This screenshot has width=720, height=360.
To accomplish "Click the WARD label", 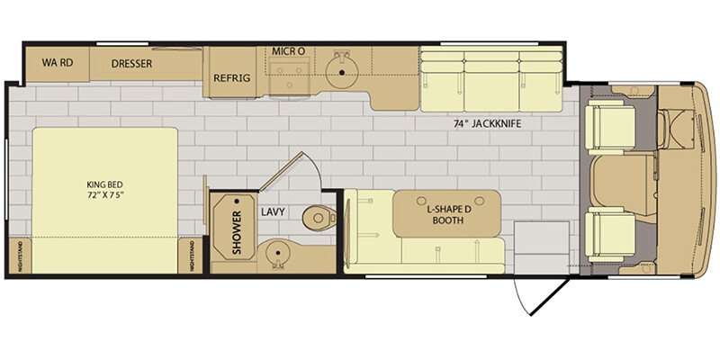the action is [58, 63].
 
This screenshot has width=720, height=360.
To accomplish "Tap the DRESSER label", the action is [131, 64].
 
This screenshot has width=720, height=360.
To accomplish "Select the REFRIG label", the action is [232, 78].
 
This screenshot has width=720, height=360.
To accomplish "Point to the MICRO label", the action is [288, 51].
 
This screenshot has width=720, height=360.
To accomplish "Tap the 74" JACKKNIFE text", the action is [487, 123].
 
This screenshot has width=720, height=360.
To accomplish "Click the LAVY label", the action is [274, 212].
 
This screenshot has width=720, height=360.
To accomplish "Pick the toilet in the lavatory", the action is [319, 216].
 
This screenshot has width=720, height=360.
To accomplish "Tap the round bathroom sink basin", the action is [277, 253].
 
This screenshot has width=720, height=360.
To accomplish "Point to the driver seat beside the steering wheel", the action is [611, 127].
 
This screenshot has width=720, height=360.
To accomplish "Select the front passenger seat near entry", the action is [611, 235].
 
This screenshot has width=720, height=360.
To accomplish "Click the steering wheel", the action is [662, 130].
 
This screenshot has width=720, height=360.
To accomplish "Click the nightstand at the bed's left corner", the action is [20, 256].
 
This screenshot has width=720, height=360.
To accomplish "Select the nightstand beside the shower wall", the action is [191, 256].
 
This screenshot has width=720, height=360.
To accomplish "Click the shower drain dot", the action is [237, 201].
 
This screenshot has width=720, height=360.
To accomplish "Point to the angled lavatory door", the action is [281, 170].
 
